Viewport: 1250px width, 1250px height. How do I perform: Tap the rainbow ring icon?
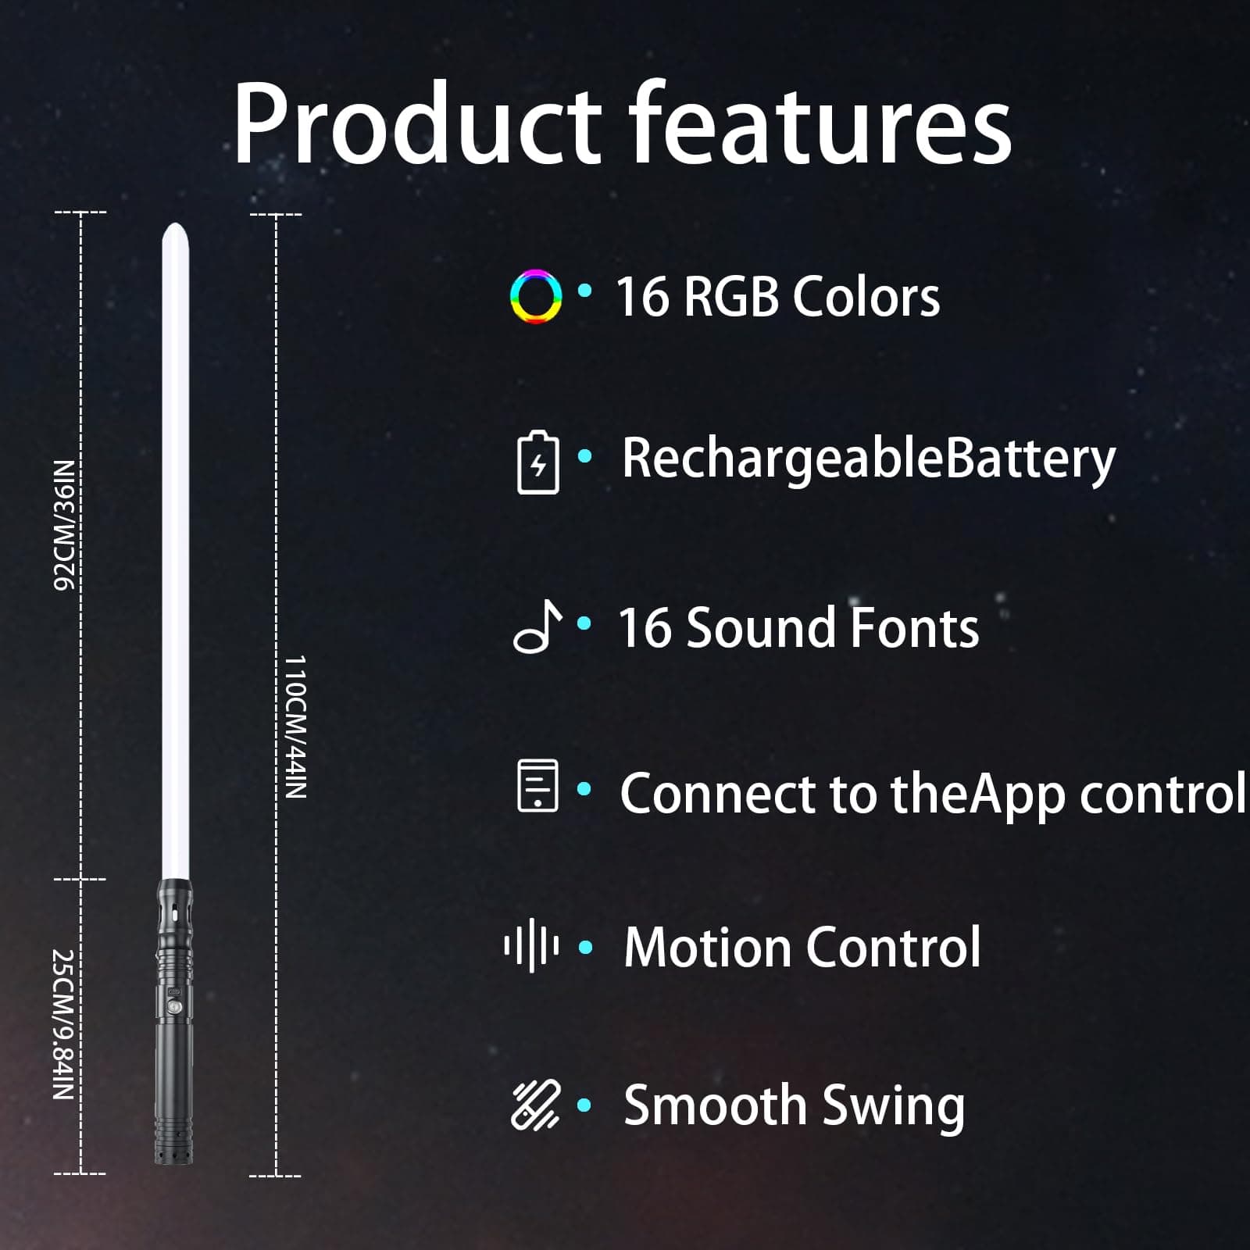[536, 297]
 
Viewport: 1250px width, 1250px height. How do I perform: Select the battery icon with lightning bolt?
[538, 462]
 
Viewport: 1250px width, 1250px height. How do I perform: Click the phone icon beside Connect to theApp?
[538, 785]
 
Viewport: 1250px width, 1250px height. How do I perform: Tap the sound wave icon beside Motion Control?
[531, 946]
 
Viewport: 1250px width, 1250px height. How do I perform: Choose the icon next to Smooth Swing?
[536, 1105]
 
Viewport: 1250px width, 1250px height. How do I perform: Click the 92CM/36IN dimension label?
[64, 525]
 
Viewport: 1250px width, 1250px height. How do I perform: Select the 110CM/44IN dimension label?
[295, 727]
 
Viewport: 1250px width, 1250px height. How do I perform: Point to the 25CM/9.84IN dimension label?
[63, 1024]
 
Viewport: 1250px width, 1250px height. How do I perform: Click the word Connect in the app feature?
[718, 794]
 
